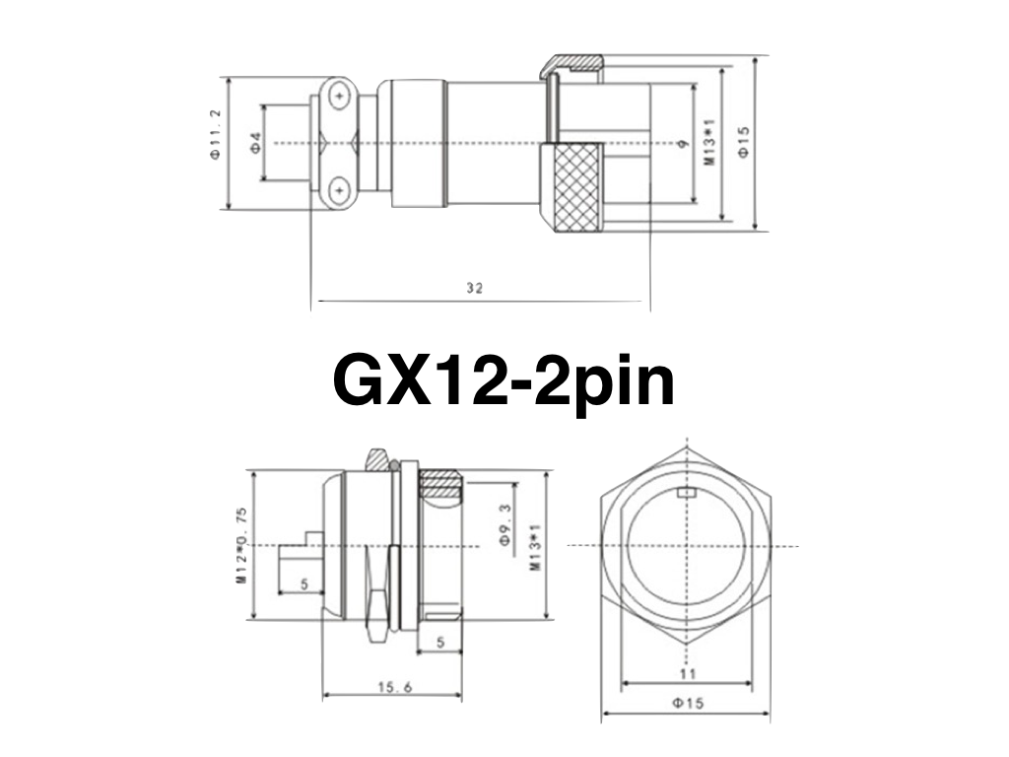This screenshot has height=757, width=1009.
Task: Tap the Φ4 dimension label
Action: click(254, 142)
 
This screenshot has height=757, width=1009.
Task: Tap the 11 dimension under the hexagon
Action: click(687, 673)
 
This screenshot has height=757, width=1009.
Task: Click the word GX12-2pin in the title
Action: click(504, 380)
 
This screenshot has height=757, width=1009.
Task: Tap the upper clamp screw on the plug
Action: click(340, 97)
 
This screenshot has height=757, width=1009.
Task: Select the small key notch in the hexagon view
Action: click(688, 491)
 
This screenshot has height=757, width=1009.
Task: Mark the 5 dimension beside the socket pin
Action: click(303, 585)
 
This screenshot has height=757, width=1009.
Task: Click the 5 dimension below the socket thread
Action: click(439, 643)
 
